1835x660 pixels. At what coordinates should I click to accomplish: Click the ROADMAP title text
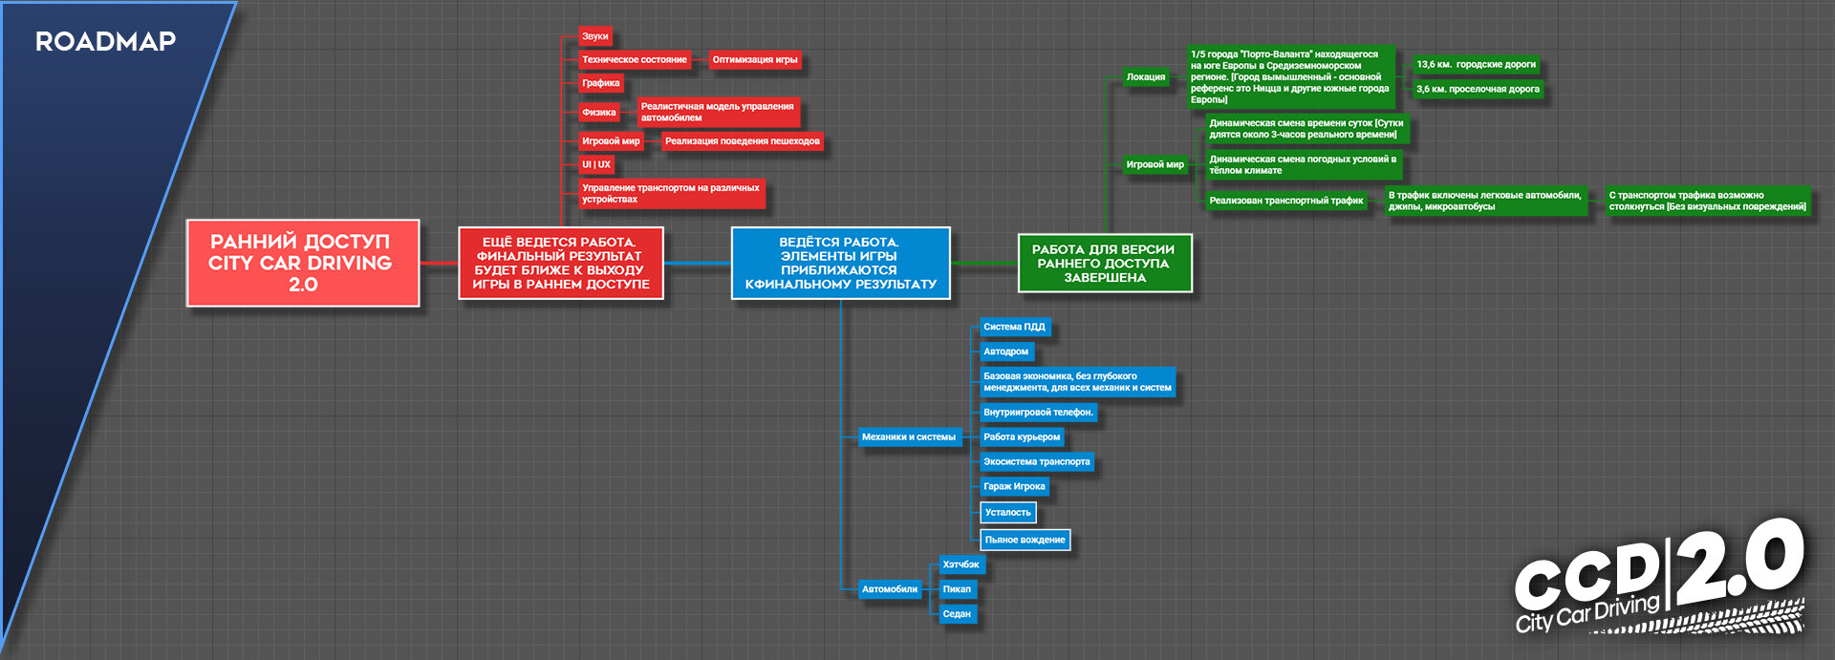click(105, 41)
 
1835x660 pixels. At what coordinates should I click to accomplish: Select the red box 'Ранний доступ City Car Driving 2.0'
click(302, 264)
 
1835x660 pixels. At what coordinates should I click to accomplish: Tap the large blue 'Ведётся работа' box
click(840, 264)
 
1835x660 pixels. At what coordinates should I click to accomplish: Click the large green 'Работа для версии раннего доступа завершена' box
click(1104, 264)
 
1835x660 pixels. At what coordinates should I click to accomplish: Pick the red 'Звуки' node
click(594, 36)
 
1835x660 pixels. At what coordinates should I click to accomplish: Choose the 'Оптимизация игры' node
click(754, 60)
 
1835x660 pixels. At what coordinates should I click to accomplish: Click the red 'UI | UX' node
click(595, 165)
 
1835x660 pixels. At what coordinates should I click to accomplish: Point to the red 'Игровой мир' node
click(611, 141)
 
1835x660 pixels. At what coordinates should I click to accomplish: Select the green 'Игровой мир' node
click(1155, 164)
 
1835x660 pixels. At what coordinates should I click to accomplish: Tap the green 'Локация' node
click(1145, 77)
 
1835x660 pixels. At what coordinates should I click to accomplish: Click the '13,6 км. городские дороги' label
click(1476, 65)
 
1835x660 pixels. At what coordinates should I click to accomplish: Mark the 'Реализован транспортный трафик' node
click(1285, 201)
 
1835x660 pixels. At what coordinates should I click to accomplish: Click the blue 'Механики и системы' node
click(908, 437)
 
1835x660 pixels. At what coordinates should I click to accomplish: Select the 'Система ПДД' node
click(1014, 328)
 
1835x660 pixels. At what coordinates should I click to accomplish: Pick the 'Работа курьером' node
click(1021, 437)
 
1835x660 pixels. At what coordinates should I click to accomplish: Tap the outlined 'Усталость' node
click(1007, 513)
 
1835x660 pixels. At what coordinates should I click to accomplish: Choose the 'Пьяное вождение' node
click(1025, 540)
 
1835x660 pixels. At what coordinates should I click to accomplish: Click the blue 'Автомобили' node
click(889, 589)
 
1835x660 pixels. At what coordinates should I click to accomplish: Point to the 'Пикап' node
click(957, 589)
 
